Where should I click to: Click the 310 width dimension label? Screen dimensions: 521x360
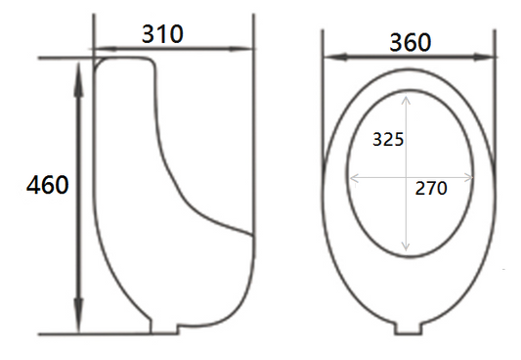pos(162,34)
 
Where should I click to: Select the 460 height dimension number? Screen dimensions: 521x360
pos(48,185)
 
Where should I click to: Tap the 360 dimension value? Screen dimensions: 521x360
pos(411,42)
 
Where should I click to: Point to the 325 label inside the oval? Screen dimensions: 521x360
pos(388,139)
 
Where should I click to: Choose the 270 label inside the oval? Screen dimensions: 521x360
pos(431,188)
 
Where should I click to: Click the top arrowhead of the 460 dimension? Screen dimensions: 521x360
pos(78,80)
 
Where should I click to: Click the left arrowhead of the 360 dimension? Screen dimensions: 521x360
pos(335,57)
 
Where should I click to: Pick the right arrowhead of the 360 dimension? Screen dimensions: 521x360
pos(485,57)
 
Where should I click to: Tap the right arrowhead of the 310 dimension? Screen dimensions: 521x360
pos(240,49)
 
